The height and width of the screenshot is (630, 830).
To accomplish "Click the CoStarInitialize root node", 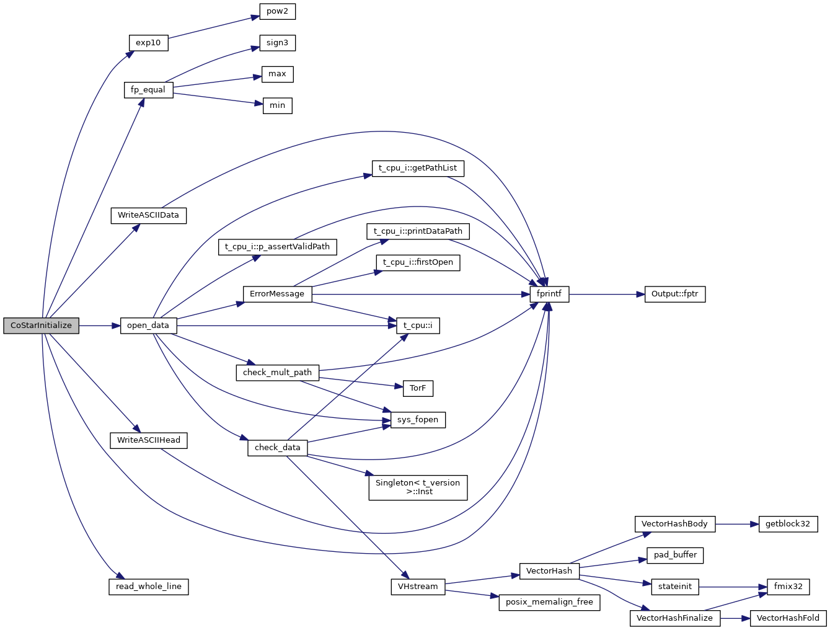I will pyautogui.click(x=41, y=326).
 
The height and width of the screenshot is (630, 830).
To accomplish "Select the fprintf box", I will pyautogui.click(x=549, y=294).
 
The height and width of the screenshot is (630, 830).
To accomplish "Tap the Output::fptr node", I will pyautogui.click(x=675, y=294).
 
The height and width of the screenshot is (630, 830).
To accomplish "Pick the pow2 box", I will pyautogui.click(x=277, y=11).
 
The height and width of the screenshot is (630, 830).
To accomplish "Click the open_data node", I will pyautogui.click(x=148, y=326).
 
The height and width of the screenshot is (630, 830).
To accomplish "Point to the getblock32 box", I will pyautogui.click(x=787, y=524).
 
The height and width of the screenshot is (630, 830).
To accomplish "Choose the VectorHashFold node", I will pyautogui.click(x=788, y=618).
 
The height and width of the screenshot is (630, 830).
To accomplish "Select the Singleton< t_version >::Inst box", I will pyautogui.click(x=418, y=487).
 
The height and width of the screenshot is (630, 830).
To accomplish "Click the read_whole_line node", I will pyautogui.click(x=149, y=587).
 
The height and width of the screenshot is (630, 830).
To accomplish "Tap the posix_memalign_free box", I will pyautogui.click(x=549, y=602).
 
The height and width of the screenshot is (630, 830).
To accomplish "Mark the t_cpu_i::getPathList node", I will pyautogui.click(x=418, y=168).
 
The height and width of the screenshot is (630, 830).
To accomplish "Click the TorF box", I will pyautogui.click(x=418, y=388).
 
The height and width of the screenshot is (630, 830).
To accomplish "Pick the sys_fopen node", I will pyautogui.click(x=418, y=420).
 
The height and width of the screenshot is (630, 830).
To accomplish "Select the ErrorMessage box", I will pyautogui.click(x=277, y=294).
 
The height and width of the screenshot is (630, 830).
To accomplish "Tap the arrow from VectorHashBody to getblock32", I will pyautogui.click(x=737, y=524).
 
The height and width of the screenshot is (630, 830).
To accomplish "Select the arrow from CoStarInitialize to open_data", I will pyautogui.click(x=99, y=326).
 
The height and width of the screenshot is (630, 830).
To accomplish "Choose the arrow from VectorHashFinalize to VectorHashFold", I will pyautogui.click(x=735, y=618).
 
